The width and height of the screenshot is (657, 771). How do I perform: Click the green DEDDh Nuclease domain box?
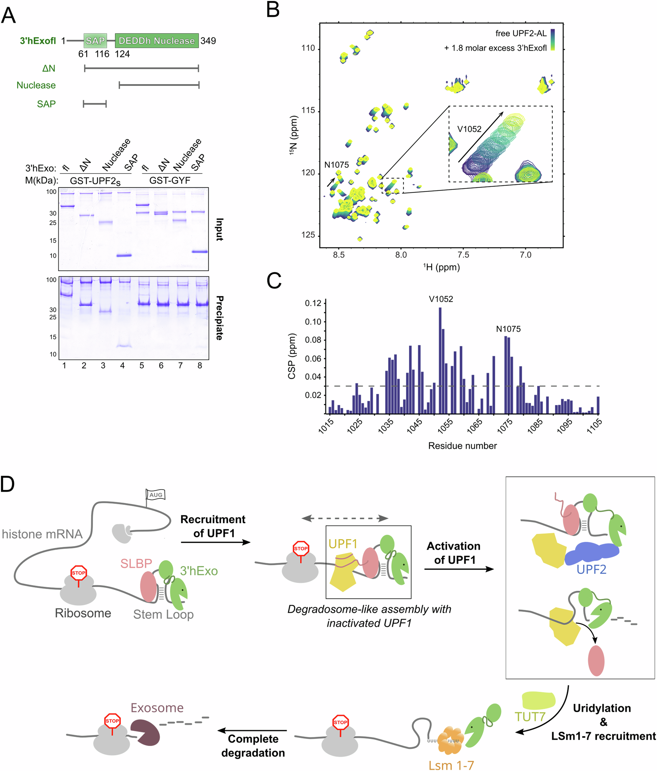[156, 40]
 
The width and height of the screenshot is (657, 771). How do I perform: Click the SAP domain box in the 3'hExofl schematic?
[95, 40]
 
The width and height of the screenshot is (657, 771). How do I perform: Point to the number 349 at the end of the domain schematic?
[208, 40]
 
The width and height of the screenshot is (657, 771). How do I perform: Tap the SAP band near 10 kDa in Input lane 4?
[124, 255]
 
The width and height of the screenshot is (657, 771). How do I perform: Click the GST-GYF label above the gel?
[170, 180]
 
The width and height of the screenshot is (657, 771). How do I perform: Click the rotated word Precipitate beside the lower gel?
[219, 318]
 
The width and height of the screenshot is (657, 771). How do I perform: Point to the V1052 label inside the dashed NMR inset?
[469, 129]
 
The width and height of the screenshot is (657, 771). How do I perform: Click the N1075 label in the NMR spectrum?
[336, 165]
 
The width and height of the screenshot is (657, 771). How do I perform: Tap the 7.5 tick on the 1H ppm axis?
[463, 255]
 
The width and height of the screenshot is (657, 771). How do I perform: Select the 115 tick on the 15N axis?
[308, 110]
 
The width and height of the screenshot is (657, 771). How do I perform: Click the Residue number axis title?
[462, 446]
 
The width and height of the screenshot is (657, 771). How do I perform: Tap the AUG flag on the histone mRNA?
[155, 494]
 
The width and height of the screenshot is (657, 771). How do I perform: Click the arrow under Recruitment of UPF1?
[215, 542]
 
